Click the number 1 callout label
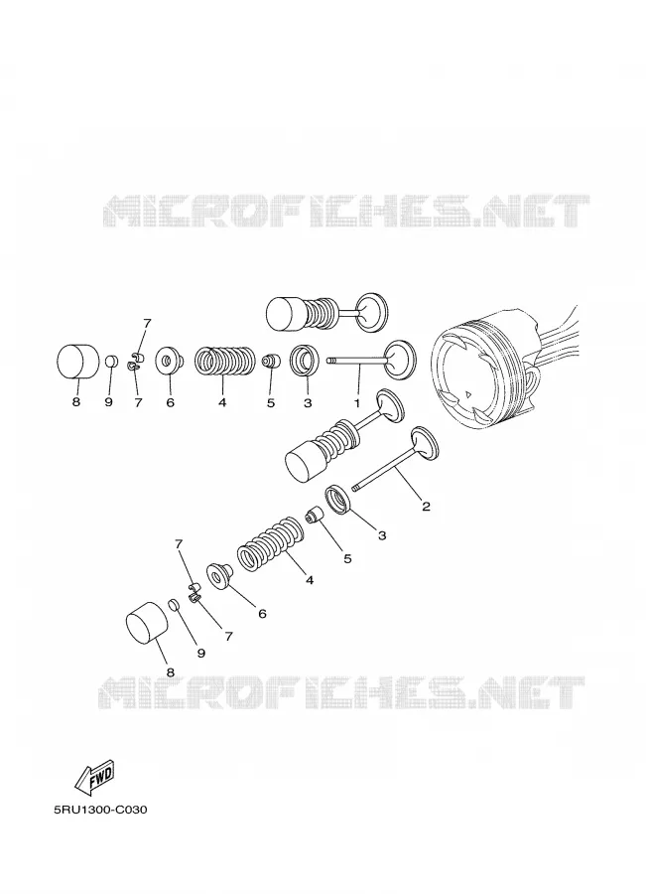(x=357, y=403)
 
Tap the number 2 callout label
(x=425, y=506)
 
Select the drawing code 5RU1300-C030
(x=99, y=809)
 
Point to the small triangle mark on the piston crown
(x=467, y=393)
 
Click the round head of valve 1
(x=401, y=360)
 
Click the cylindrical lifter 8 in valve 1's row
(x=76, y=362)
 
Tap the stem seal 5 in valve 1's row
(x=271, y=362)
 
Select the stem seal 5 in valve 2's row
(x=315, y=515)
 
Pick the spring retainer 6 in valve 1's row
(x=169, y=362)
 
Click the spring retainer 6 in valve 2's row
(x=220, y=576)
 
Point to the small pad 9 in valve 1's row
(x=111, y=362)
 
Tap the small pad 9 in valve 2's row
(x=175, y=604)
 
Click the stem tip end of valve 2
(x=355, y=488)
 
